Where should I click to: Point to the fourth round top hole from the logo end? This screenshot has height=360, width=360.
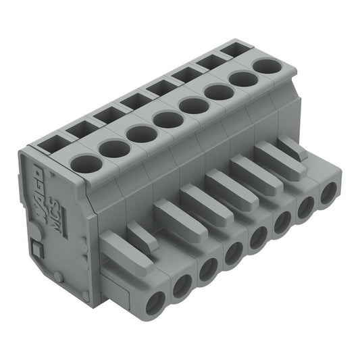tap(168, 120)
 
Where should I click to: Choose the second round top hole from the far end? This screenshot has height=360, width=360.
tap(243, 79)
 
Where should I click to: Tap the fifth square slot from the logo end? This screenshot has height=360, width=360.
tap(160, 87)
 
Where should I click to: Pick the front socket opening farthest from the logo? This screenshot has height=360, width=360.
tap(328, 195)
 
